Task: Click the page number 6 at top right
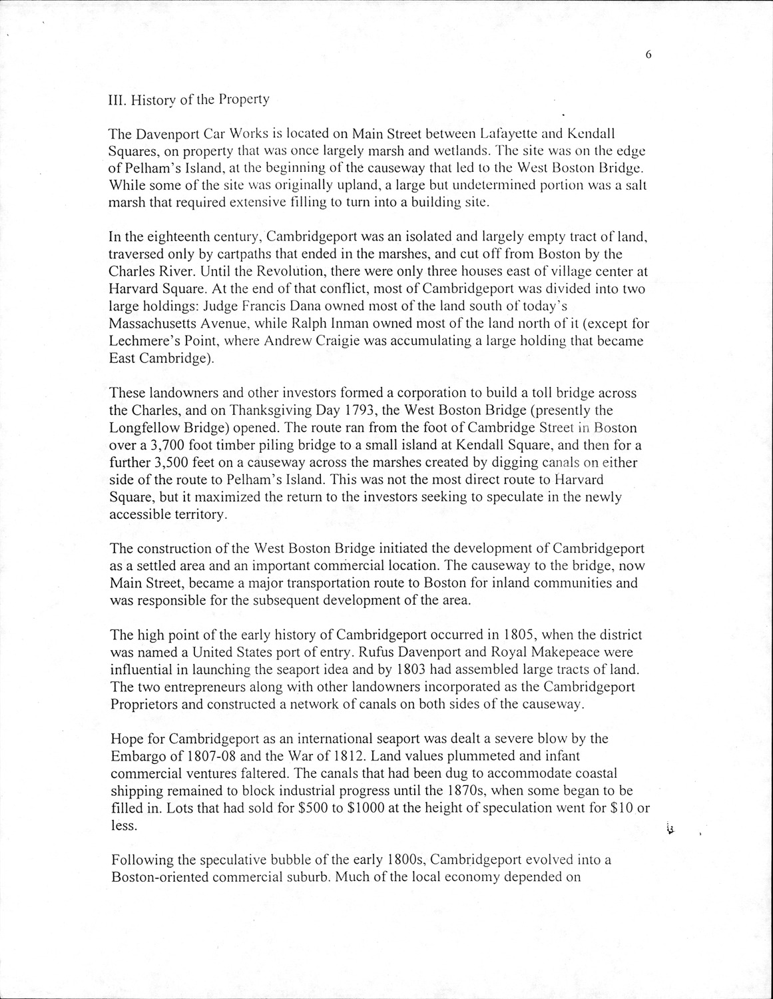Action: (647, 55)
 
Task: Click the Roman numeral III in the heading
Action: (117, 100)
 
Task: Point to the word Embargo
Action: (137, 756)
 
